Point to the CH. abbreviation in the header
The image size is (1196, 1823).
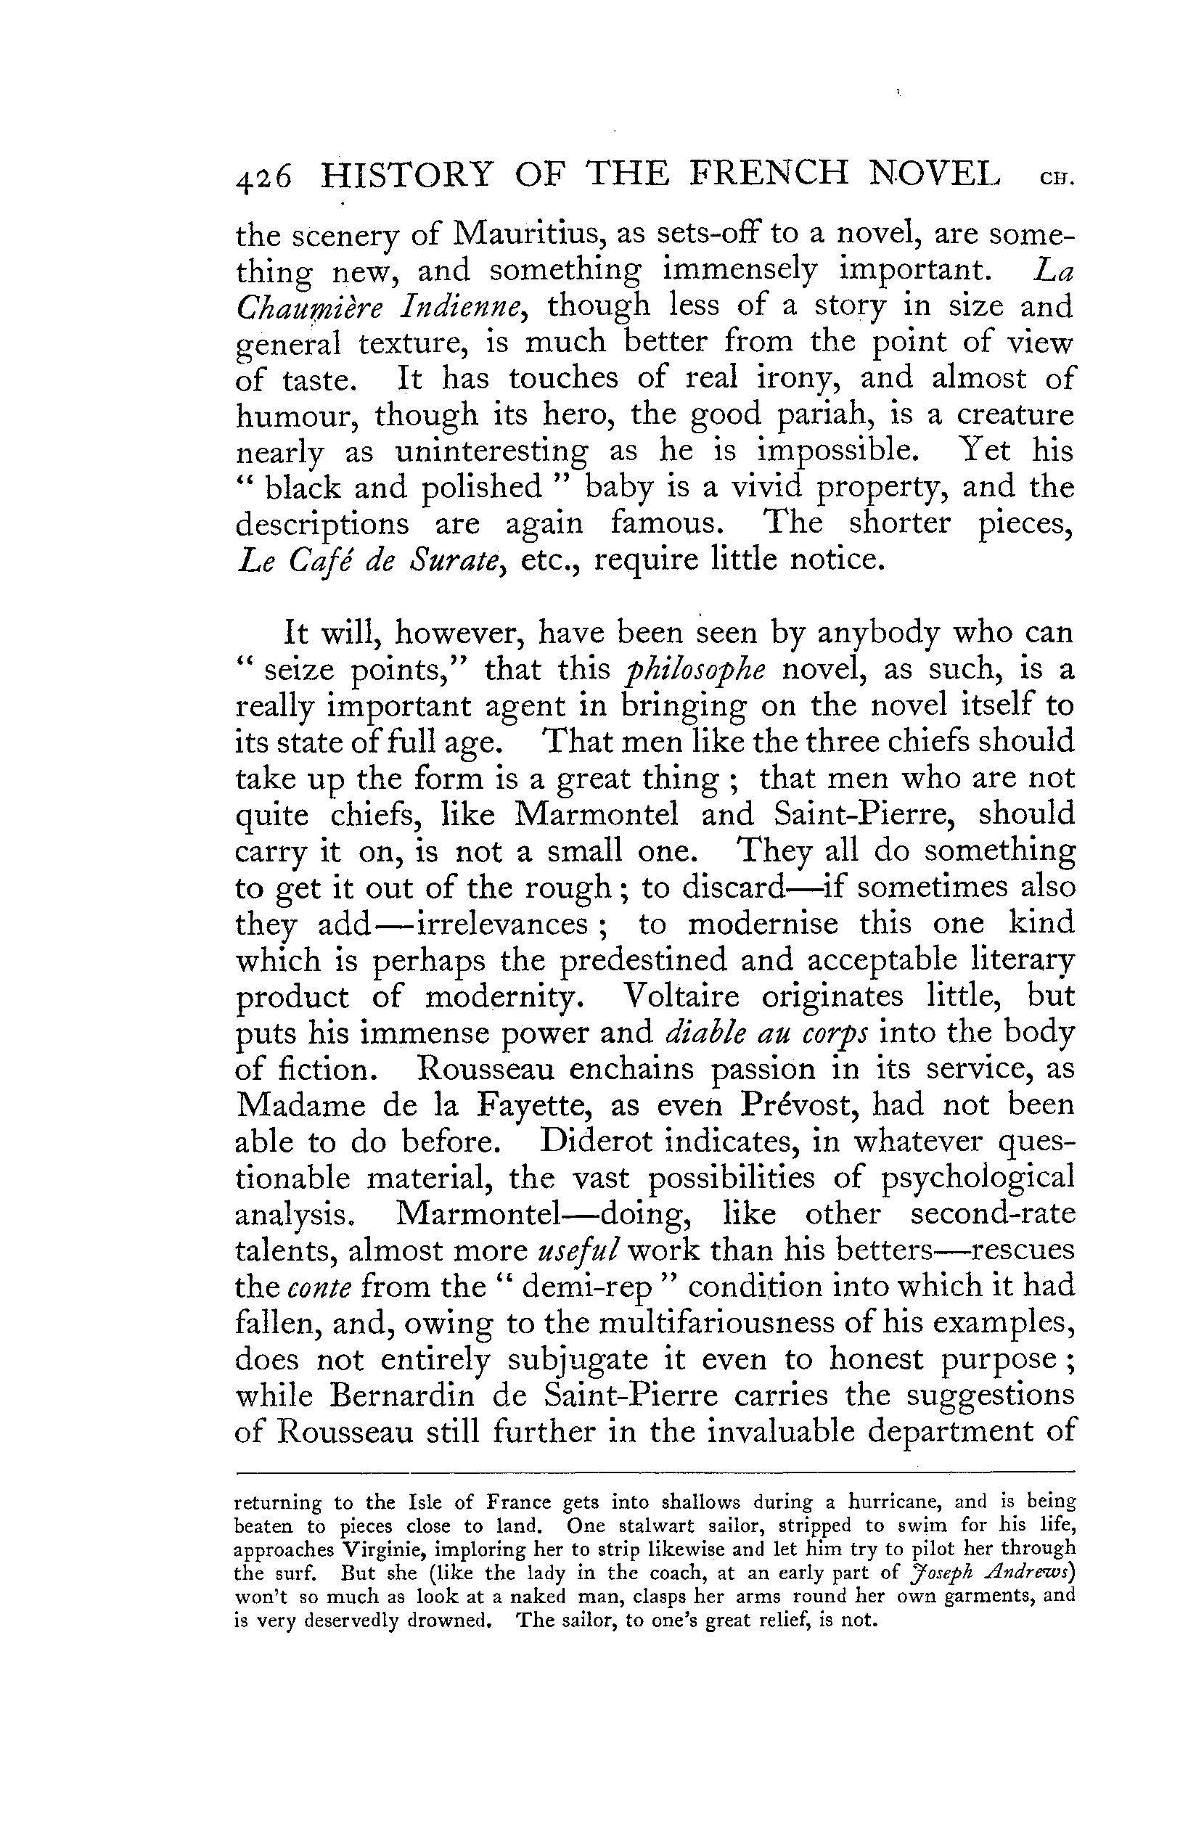pyautogui.click(x=1059, y=181)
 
